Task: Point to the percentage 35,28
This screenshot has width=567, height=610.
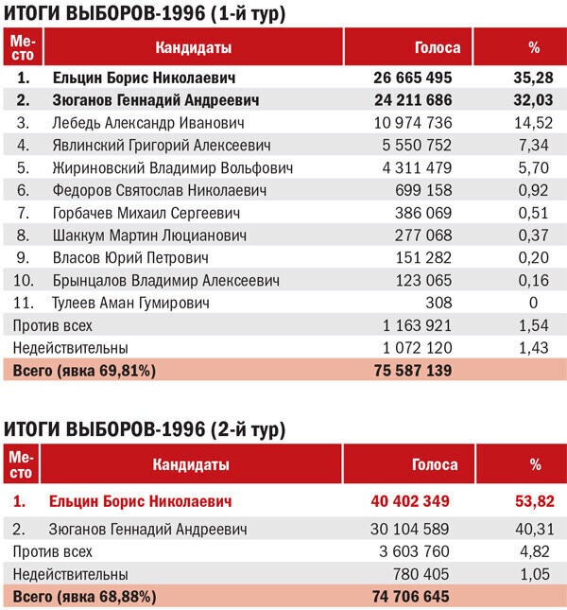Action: tap(533, 77)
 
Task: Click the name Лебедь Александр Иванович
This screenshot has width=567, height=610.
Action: tap(148, 122)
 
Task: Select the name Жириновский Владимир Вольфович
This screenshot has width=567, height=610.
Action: tap(172, 167)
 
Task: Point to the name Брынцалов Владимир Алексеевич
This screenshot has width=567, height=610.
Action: tap(166, 280)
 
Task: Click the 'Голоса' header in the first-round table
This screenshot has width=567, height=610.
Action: tap(438, 47)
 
